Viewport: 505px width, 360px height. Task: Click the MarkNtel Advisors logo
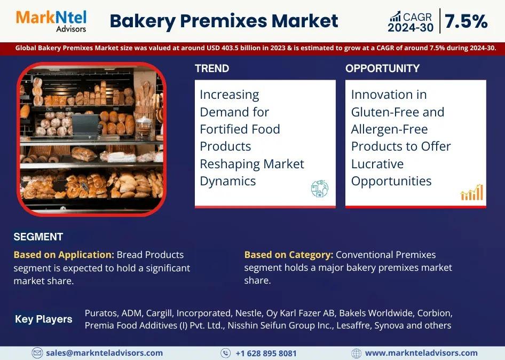[x=51, y=21]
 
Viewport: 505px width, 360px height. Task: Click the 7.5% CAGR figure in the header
[x=465, y=21]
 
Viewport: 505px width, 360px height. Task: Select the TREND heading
[x=212, y=68]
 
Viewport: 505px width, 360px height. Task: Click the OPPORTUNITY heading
[x=382, y=68]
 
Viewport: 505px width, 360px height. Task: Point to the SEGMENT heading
[x=38, y=237]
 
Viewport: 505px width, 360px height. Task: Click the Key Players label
[x=43, y=319]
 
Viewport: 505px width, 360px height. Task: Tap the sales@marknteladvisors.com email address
[x=104, y=353]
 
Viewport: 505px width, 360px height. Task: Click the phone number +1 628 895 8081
[x=266, y=353]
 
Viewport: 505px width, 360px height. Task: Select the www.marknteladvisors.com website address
[x=421, y=353]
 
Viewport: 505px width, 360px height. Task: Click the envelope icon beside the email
[x=37, y=353]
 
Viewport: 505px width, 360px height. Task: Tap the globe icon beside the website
[x=356, y=353]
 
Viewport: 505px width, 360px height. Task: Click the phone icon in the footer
[x=225, y=353]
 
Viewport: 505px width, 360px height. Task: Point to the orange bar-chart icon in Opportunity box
[x=472, y=192]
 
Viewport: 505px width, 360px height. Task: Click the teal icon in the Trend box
[x=319, y=189]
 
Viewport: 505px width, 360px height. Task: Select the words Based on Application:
[x=64, y=255]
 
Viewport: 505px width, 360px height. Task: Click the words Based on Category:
[x=289, y=255]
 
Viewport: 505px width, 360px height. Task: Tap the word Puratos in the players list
[x=101, y=313]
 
